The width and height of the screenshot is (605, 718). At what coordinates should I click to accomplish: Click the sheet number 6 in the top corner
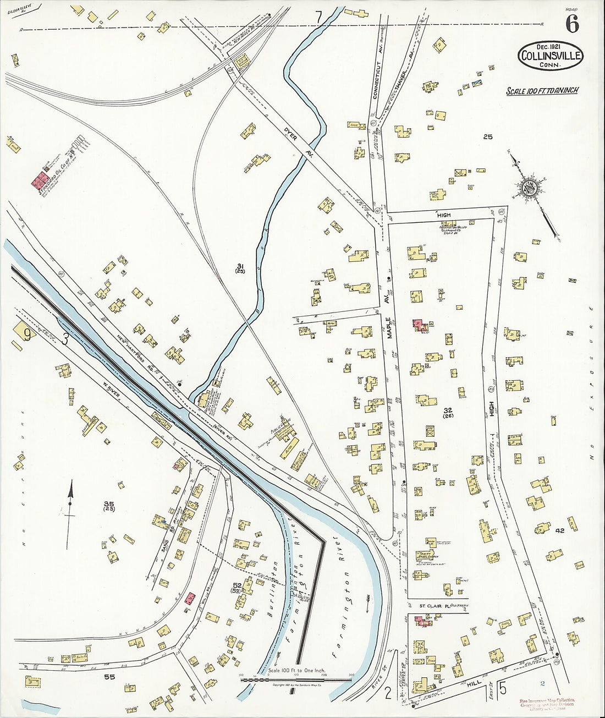[572, 24]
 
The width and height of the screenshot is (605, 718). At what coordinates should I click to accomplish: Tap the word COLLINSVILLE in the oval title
[550, 56]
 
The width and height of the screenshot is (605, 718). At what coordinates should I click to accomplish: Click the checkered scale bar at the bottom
[296, 679]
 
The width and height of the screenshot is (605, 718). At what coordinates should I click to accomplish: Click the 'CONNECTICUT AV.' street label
[377, 80]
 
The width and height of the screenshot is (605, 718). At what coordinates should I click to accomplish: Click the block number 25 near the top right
[487, 137]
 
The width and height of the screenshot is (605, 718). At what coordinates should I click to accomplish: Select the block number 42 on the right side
[560, 531]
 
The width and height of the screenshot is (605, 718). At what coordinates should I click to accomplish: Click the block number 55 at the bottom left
[109, 677]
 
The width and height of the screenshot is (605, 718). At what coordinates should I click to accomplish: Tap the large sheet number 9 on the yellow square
[25, 332]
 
